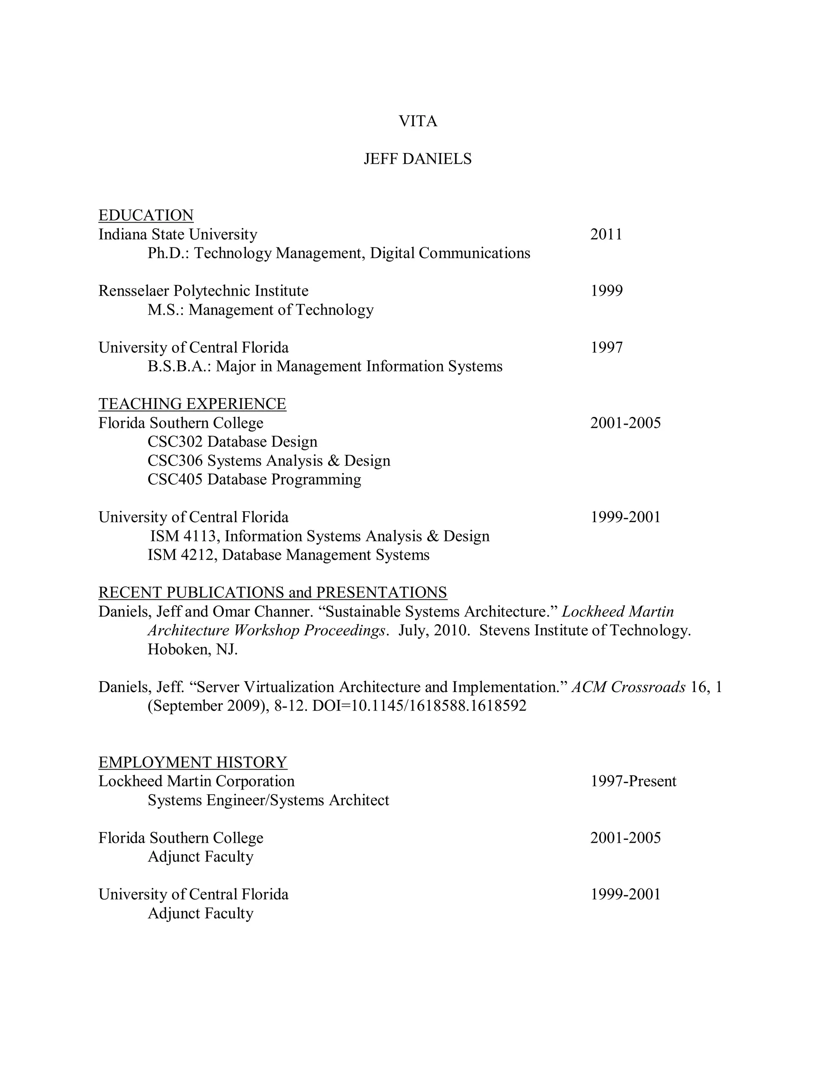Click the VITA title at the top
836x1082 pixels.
(x=418, y=121)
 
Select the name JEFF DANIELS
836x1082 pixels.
(x=418, y=159)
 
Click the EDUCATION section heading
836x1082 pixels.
(x=146, y=216)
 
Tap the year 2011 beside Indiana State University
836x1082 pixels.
(x=606, y=234)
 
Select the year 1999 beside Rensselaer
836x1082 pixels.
(x=606, y=291)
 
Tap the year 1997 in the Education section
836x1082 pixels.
(x=606, y=348)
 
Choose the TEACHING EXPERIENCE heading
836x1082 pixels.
(x=192, y=404)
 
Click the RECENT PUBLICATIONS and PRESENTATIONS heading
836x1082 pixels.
(x=272, y=592)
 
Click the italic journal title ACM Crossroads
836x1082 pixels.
(x=628, y=687)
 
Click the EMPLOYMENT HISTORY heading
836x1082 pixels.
(x=193, y=762)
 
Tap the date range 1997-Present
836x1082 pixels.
(x=633, y=781)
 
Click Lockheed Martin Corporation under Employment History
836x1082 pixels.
(x=196, y=781)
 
